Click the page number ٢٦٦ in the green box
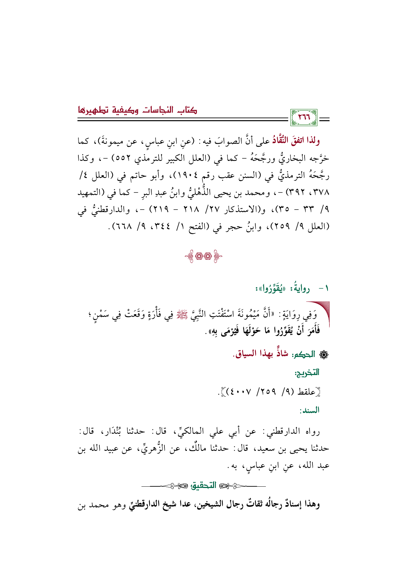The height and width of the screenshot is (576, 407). pos(304,118)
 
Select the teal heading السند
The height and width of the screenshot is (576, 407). pos(309,410)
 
